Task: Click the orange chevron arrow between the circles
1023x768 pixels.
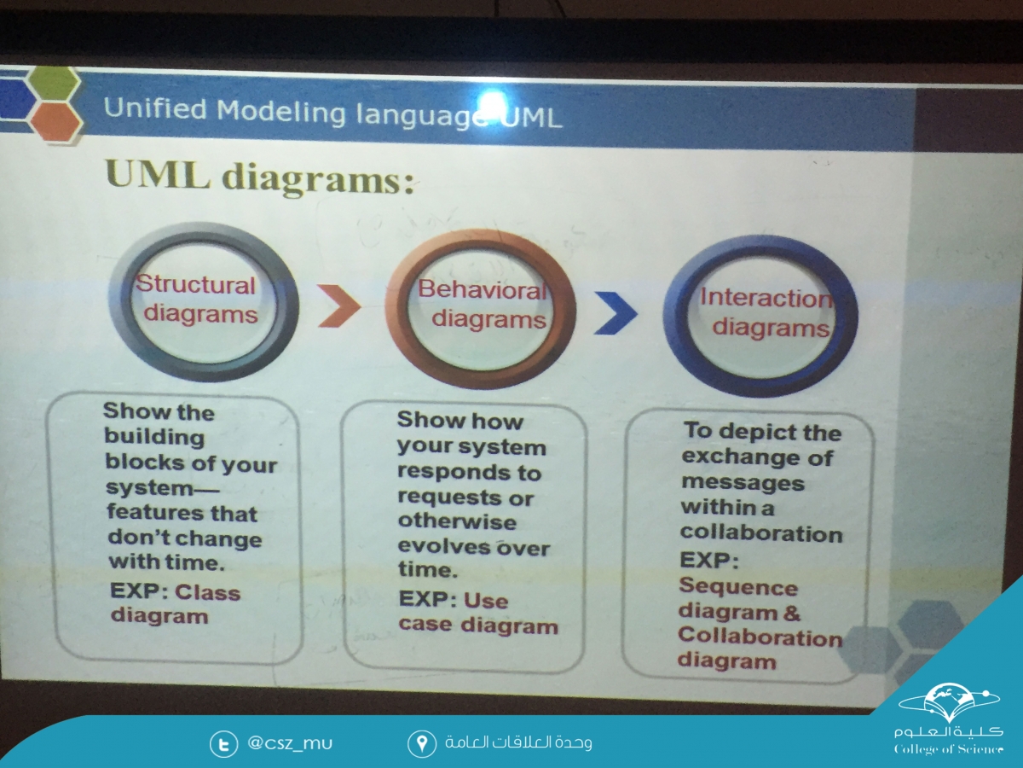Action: point(339,305)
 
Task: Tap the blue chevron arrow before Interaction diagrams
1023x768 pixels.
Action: point(616,313)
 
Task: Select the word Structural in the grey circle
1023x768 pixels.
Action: point(195,284)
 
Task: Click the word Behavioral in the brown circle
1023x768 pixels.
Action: point(482,289)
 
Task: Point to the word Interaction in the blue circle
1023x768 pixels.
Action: point(766,298)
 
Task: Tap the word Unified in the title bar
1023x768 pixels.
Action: point(155,108)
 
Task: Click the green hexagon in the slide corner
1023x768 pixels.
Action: point(53,83)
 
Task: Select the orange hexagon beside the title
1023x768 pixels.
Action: point(56,121)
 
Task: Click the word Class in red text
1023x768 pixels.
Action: point(208,592)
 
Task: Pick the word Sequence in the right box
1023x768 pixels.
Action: point(738,588)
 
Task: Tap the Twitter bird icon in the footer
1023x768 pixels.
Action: point(224,742)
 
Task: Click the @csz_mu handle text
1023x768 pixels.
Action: point(290,742)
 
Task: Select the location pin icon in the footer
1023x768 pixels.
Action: point(422,742)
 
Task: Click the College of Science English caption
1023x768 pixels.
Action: point(949,749)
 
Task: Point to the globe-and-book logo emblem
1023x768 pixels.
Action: point(950,701)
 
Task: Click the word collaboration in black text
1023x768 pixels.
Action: point(761,533)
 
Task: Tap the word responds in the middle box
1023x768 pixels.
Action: point(433,473)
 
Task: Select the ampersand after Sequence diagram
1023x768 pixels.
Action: point(791,613)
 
